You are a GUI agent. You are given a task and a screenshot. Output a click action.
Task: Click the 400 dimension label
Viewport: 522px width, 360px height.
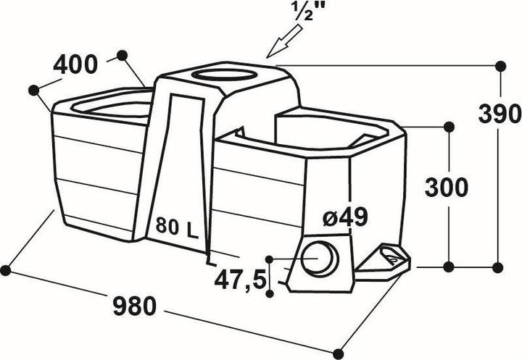point(75,65)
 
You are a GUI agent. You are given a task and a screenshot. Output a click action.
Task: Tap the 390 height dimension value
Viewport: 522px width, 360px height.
point(499,114)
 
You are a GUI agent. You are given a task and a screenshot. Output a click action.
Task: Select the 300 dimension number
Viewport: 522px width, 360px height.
point(447,188)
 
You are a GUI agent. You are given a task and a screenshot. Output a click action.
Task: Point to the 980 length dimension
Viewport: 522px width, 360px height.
point(135,306)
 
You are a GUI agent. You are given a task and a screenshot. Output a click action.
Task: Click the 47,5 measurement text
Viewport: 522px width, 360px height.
point(241,280)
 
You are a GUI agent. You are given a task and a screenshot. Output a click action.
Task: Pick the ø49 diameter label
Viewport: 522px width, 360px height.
point(346,217)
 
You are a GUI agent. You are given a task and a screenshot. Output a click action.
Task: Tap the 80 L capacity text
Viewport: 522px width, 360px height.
point(177,226)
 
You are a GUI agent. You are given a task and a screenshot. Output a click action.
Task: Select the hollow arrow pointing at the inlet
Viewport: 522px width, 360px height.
point(284,41)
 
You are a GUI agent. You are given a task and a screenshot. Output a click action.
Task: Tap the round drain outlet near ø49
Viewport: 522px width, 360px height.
point(320,259)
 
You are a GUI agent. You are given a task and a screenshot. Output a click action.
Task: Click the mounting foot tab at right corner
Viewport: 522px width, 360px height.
point(383,264)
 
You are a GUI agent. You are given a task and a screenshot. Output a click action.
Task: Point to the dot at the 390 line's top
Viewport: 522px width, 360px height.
point(500,66)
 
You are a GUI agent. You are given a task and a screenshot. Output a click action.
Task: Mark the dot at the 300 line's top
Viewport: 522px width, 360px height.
point(449,127)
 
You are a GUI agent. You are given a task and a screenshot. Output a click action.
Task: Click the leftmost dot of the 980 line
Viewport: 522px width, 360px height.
point(5,270)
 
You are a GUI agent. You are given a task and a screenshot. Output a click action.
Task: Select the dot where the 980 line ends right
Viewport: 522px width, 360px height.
point(339,353)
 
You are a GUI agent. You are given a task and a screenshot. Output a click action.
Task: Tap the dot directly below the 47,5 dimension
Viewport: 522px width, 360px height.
point(270,293)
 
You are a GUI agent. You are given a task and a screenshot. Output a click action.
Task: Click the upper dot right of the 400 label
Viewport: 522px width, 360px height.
point(123,55)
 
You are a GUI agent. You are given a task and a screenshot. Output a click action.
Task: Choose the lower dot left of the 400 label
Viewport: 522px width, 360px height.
point(34,90)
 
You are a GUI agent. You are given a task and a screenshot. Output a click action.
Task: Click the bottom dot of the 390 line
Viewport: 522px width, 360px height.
point(498,267)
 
